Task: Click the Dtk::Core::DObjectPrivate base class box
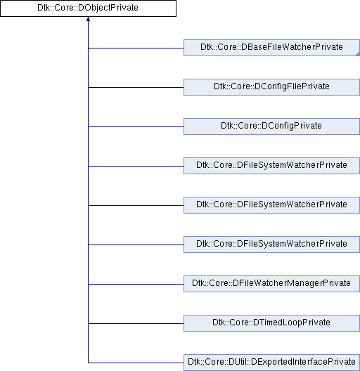[88, 8]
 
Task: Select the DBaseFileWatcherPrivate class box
[271, 48]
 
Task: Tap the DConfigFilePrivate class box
[271, 87]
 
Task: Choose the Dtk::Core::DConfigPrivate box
[271, 126]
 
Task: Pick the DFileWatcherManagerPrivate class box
[271, 284]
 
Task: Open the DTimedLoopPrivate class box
[271, 323]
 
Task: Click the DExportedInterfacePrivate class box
[271, 363]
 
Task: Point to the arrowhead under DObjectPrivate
[88, 19]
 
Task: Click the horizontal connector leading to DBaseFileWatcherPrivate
[136, 48]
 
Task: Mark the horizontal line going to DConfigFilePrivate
[136, 87]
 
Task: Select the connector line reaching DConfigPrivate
[136, 126]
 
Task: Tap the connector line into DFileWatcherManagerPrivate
[136, 284]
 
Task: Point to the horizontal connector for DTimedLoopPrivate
[136, 323]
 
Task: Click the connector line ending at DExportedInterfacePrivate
[136, 363]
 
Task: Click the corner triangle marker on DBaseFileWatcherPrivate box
[358, 54]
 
